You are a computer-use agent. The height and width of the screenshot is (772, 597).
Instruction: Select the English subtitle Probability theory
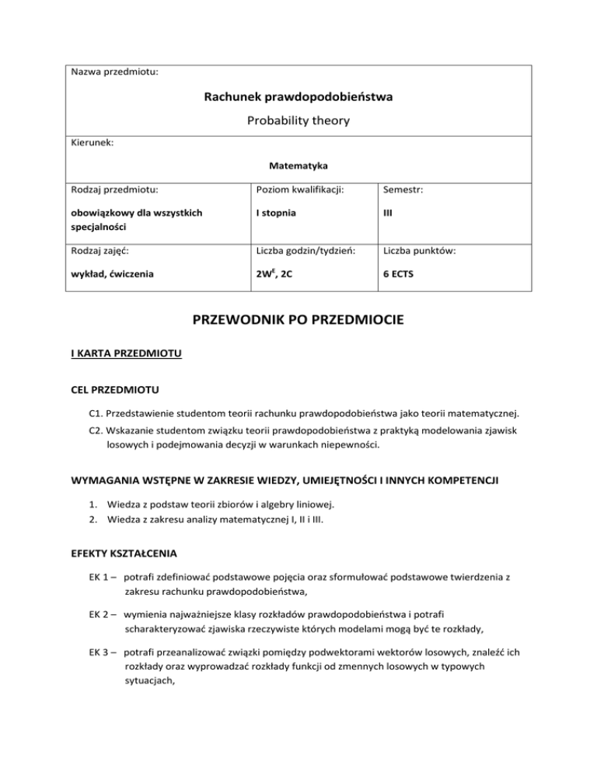coord(298,120)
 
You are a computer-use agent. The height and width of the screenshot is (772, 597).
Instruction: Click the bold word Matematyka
coord(298,165)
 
